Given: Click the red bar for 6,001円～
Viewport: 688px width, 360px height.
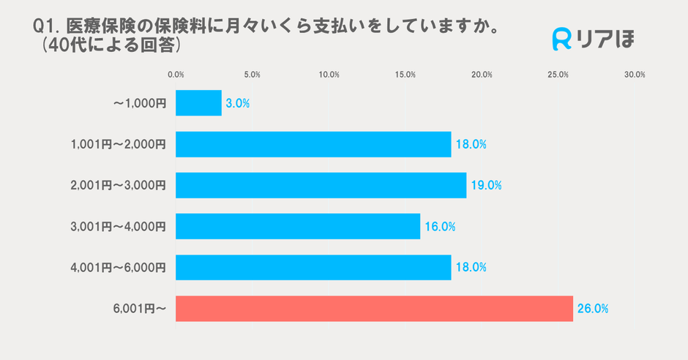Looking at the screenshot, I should (374, 309).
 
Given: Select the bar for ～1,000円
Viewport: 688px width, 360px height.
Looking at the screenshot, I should (198, 103).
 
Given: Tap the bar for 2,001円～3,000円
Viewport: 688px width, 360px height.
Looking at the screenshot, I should (321, 185).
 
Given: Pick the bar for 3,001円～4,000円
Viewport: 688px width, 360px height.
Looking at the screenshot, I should (298, 226).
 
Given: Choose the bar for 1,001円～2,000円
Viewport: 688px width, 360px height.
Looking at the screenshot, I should (313, 144).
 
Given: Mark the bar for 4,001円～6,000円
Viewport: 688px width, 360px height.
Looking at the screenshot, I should (313, 268).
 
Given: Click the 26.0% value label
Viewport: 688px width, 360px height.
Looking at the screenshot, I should (593, 309).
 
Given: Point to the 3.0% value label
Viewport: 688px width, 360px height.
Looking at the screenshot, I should (238, 104).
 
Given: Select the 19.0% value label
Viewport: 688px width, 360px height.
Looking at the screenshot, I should (486, 186).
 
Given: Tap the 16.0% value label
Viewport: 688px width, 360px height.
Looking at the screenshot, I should (440, 227).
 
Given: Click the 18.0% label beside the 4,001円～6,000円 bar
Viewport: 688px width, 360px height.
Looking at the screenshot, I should (471, 268).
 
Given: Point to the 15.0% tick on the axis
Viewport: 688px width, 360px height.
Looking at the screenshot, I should (405, 75).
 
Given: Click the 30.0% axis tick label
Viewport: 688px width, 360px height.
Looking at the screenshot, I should (634, 75).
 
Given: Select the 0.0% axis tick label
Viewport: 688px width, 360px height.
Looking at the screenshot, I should (176, 75).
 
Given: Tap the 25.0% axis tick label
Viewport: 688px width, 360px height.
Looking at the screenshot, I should (558, 75).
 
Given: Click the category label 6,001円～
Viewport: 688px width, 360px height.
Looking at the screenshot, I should (140, 310).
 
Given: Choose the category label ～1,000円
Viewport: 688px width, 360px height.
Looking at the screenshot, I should (139, 104).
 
